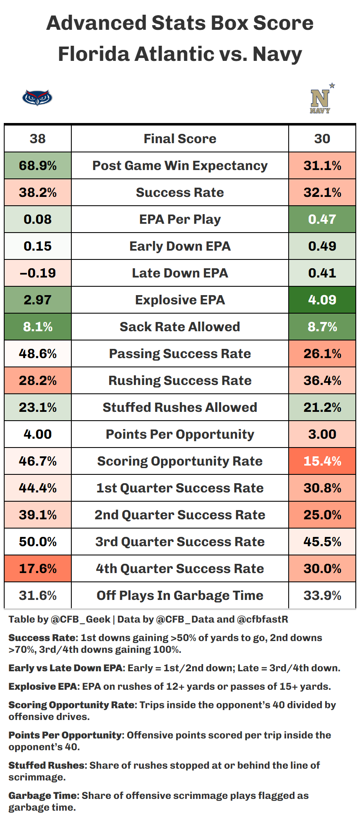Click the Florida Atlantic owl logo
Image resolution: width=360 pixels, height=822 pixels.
37,98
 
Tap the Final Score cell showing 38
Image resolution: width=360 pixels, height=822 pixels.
38,139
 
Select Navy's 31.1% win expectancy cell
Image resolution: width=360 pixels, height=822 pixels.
322,165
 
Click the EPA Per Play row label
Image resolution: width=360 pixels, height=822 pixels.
180,219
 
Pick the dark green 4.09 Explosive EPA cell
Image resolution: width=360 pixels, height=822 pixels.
322,300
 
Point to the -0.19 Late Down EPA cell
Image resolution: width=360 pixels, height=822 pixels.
38,273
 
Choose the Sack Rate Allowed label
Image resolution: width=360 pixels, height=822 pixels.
180,327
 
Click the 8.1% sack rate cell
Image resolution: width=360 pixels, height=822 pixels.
38,327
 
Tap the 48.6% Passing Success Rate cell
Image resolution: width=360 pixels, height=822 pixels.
38,353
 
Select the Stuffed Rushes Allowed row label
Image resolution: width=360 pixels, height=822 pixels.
180,407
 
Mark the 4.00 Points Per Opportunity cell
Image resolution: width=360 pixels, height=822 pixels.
38,434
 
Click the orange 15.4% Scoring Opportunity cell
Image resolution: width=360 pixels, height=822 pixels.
322,461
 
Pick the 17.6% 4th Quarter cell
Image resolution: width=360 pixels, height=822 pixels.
38,568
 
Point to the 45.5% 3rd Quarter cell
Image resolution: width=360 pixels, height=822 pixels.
322,542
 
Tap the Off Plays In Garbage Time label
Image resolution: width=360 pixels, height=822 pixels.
180,595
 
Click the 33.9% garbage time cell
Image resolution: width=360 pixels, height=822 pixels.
322,595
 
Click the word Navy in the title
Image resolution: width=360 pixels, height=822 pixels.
277,54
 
